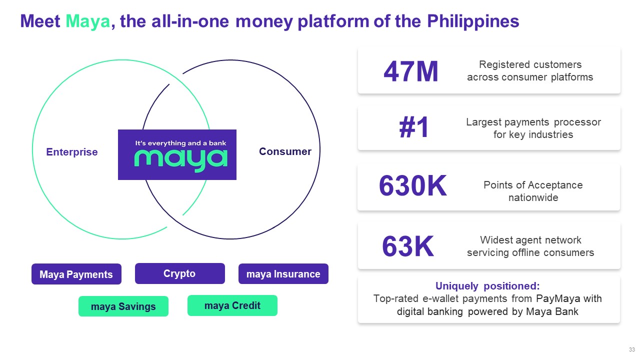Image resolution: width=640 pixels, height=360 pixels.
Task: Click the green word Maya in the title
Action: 87,22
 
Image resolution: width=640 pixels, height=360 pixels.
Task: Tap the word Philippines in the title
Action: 473,22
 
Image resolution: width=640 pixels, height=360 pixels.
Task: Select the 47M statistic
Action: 410,72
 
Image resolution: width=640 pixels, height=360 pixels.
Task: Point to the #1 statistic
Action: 414,128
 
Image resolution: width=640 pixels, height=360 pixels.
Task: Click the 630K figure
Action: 412,186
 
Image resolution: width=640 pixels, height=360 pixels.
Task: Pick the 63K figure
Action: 407,246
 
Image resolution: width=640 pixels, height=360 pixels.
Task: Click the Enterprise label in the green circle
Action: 72,152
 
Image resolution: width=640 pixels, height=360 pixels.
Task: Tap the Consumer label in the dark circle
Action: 285,151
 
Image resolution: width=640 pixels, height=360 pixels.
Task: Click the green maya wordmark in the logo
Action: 180,159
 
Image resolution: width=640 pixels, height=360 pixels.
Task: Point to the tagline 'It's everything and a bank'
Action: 180,143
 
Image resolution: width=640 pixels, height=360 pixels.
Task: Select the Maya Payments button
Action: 76,274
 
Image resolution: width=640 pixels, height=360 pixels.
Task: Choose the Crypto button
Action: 179,273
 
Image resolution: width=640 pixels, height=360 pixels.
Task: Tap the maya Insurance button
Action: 283,274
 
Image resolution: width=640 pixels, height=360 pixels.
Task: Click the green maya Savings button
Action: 123,306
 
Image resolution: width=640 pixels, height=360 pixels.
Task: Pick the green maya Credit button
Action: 232,305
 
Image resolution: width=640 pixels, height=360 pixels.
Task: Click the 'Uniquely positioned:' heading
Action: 487,286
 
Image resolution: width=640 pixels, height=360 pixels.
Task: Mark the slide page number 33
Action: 631,349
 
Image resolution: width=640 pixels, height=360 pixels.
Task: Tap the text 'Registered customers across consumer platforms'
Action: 530,71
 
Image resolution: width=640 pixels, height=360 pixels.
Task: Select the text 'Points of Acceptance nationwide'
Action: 533,191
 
